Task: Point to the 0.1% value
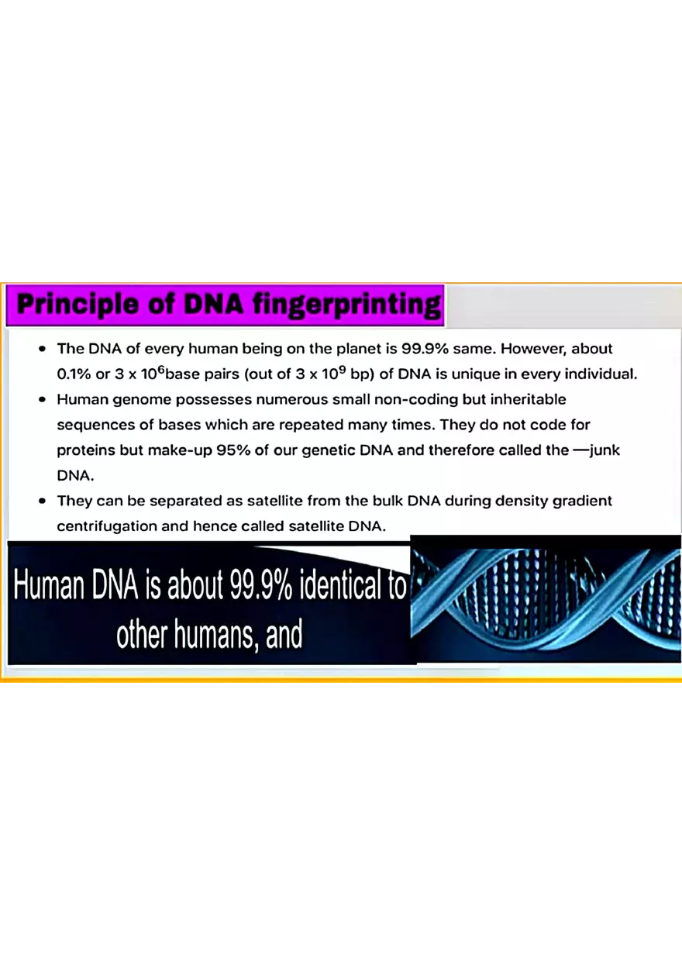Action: click(74, 374)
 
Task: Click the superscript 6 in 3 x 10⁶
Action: click(161, 369)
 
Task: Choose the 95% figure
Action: click(235, 450)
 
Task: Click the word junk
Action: click(605, 450)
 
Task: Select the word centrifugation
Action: click(106, 526)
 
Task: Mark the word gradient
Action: click(581, 501)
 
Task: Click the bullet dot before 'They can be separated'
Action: click(43, 501)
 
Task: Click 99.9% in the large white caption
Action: click(260, 587)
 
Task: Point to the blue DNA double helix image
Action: click(546, 598)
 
